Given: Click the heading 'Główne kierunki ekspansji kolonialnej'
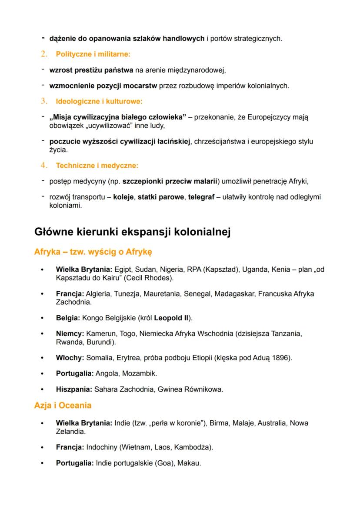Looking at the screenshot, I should coord(132,232).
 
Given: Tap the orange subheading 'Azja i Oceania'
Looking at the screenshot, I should coord(63,406).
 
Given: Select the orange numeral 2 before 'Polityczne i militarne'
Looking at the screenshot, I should coord(44,54).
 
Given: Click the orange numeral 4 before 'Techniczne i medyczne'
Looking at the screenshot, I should coord(44,166).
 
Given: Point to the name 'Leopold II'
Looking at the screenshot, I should coord(171,318).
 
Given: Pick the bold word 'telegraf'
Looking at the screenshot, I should coord(201,197).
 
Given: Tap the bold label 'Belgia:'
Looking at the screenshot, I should coord(68,318).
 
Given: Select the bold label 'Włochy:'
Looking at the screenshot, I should coord(70,358).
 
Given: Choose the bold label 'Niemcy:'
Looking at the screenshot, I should coord(70,334).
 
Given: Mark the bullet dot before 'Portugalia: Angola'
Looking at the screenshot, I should coord(42,374).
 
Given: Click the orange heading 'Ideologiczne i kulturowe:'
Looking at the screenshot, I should coord(99,102).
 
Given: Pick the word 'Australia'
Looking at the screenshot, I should coord(272,423).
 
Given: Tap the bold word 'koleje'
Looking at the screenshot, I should coord(123,197).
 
